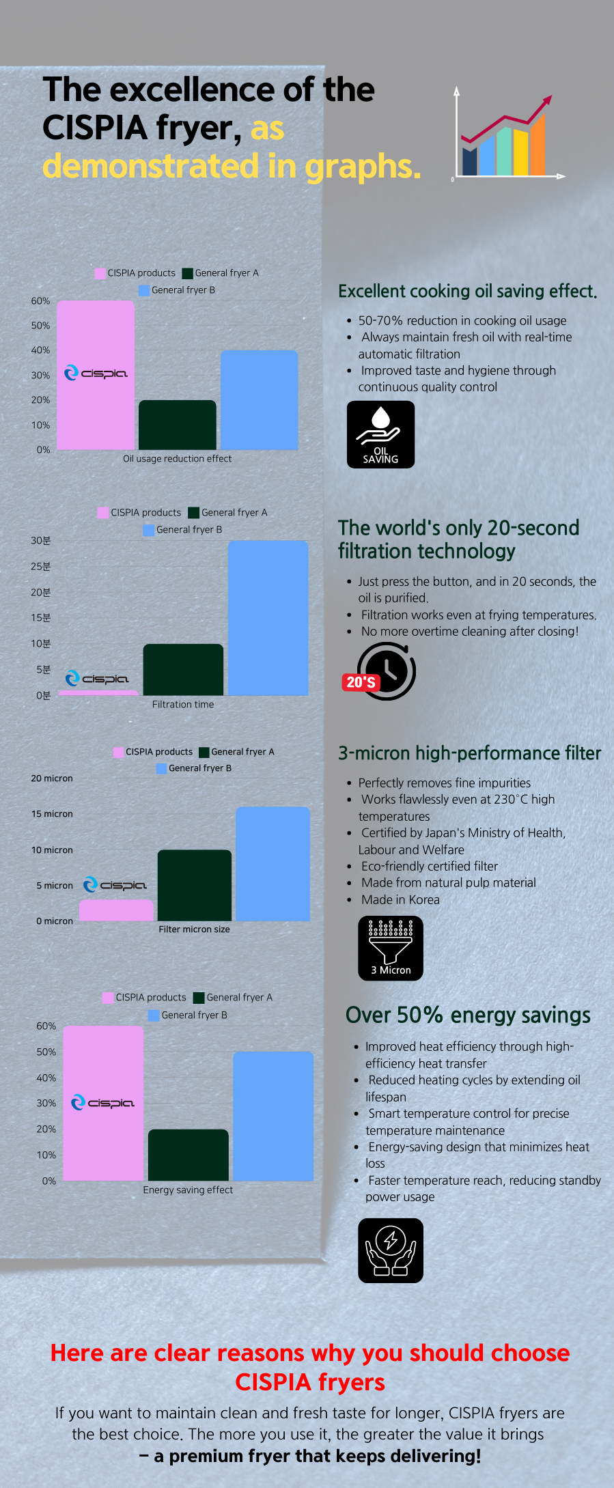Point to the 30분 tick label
41,541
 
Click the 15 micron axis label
52,814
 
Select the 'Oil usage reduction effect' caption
177,459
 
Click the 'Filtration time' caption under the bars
183,705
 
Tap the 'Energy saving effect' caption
188,1190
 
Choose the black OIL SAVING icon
380,434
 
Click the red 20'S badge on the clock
361,682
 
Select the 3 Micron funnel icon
391,949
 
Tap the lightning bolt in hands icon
391,1250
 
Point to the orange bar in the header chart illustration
538,145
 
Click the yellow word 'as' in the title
267,128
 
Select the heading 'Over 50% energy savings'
468,1015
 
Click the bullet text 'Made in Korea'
400,900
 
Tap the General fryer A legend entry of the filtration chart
228,513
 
